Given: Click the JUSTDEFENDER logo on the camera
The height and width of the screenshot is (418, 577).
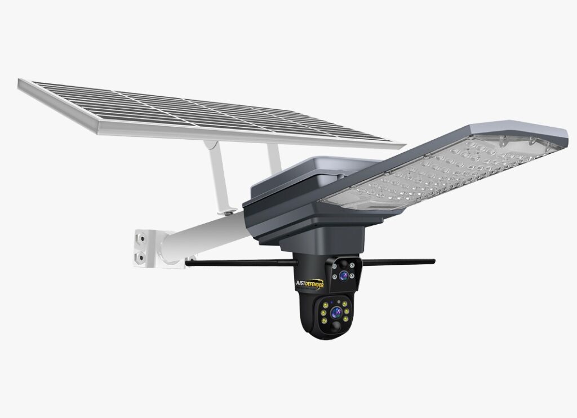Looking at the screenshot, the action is click(x=310, y=284).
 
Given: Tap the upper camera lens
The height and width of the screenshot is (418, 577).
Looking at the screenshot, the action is click(x=344, y=275).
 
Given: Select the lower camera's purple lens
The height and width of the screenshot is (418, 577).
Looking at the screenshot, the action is click(x=336, y=313).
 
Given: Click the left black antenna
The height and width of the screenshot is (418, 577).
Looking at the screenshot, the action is click(x=241, y=263).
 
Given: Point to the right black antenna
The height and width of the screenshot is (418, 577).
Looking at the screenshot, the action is click(x=399, y=262).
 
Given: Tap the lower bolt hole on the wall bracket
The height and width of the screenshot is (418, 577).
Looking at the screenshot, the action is click(x=140, y=257).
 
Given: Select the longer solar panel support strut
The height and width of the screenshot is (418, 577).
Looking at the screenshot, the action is click(x=220, y=177).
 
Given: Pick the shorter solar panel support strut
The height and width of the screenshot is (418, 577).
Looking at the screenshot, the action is click(x=274, y=158).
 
